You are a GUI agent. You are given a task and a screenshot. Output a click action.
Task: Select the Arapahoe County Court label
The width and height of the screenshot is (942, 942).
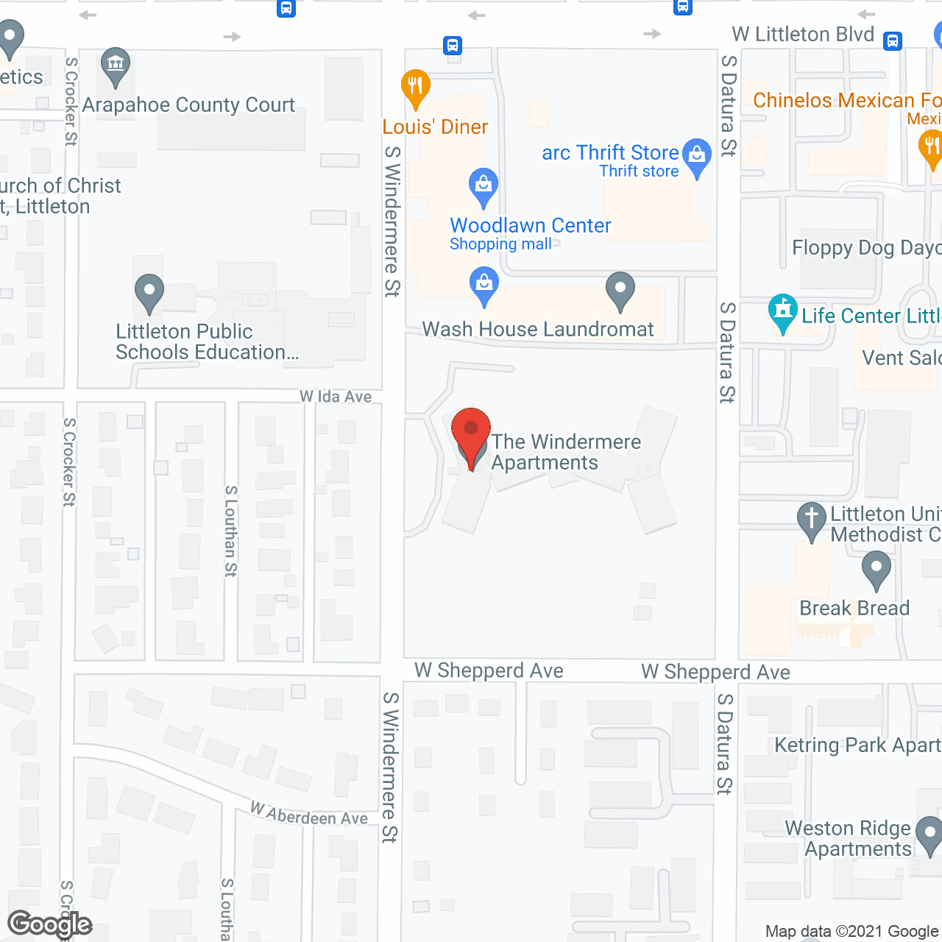(188, 105)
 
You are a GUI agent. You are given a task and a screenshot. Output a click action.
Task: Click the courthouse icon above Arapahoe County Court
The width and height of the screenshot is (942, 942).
(116, 65)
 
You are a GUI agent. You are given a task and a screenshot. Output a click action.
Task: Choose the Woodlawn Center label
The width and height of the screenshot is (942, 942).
(530, 225)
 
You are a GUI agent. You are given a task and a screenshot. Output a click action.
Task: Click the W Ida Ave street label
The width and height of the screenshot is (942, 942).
(336, 397)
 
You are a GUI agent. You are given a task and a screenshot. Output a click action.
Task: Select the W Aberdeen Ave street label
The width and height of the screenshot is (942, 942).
(309, 814)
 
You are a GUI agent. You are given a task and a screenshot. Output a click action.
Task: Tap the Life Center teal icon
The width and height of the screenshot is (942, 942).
(783, 312)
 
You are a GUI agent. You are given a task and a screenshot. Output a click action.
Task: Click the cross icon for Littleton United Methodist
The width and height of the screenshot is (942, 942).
(812, 519)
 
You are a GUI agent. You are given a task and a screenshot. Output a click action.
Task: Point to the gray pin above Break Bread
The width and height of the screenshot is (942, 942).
(876, 570)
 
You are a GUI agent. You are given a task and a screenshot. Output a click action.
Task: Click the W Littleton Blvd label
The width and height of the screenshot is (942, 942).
(803, 35)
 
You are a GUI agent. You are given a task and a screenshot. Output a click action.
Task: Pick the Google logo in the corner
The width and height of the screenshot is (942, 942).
(50, 924)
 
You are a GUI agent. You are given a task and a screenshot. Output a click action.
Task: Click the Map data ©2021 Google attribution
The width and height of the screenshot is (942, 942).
(852, 932)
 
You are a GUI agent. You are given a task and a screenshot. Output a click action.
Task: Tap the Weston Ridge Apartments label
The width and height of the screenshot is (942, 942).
(849, 838)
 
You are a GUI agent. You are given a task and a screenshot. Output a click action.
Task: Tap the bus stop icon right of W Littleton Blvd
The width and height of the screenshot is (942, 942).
(893, 40)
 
